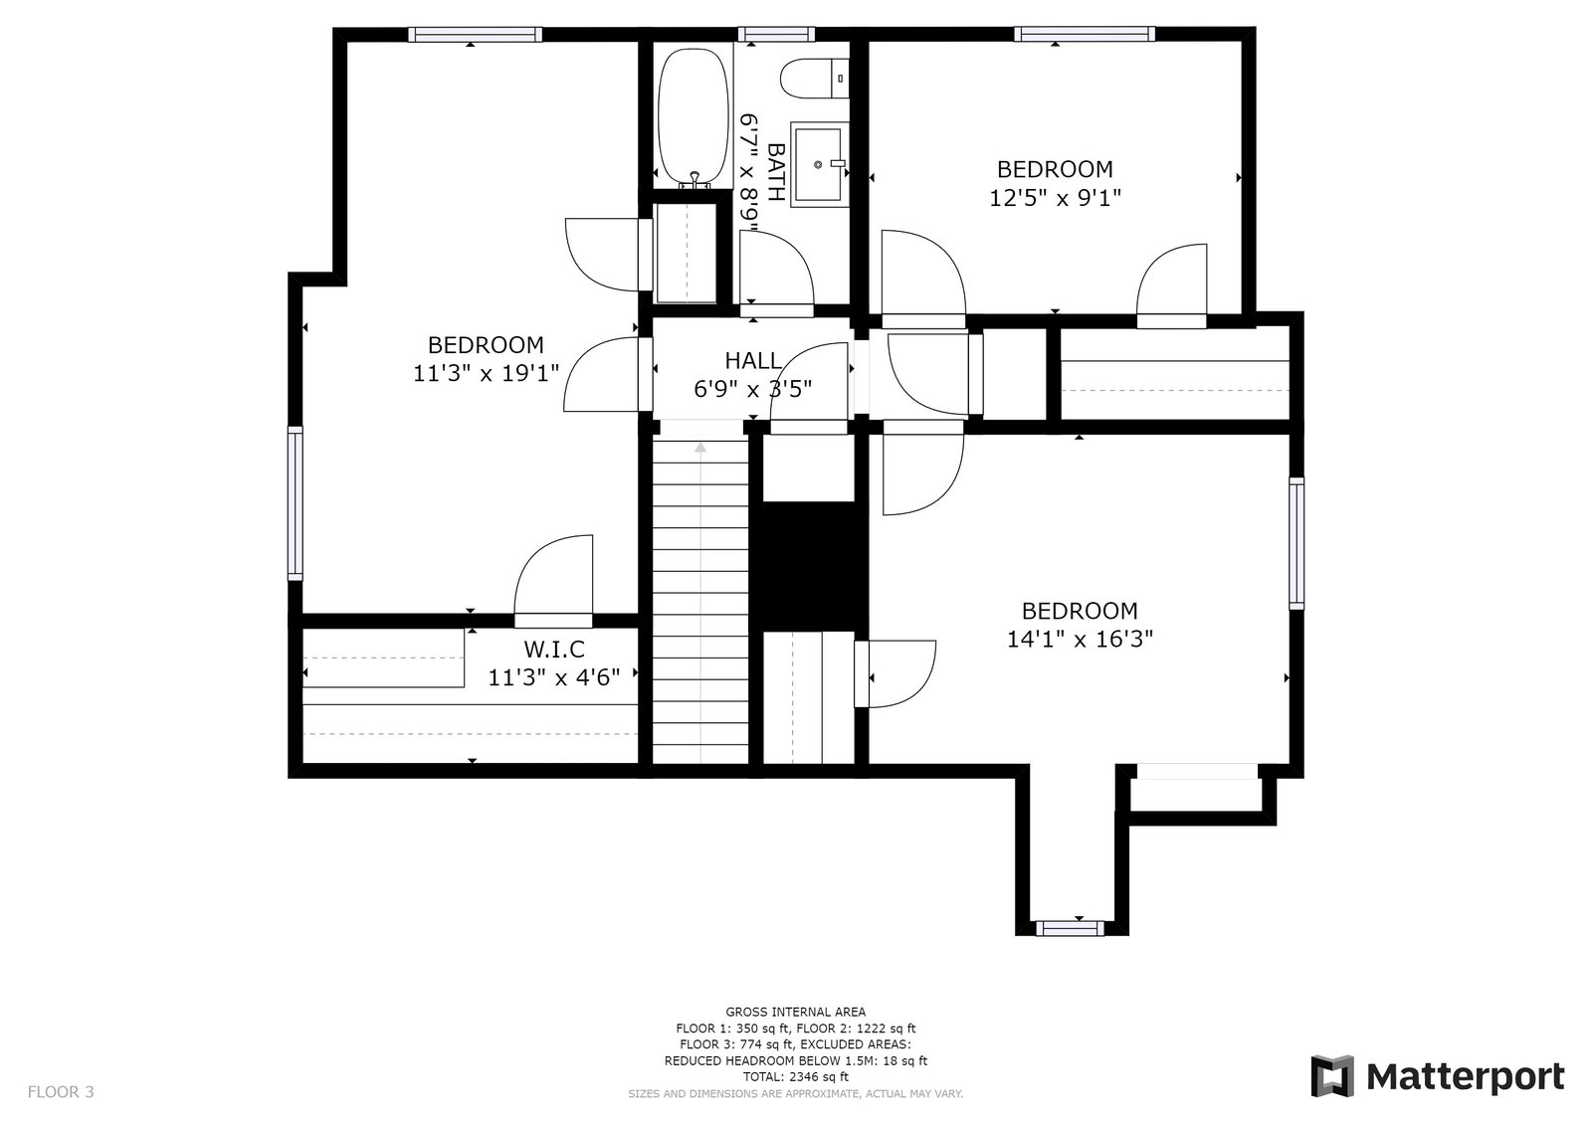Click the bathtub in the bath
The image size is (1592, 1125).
pos(693,118)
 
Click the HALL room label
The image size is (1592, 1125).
pos(753,361)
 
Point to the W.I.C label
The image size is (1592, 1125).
pos(554,649)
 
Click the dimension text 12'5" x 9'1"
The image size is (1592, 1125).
pos(1056,198)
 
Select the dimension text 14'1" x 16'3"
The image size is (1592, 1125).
pos(1080,640)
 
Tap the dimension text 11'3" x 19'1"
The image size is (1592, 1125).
pos(487,373)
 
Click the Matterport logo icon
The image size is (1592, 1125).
pos(1332,1076)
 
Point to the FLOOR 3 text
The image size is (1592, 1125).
pos(61,1091)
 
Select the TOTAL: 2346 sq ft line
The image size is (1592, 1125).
pos(796,1076)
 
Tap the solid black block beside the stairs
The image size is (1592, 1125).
pos(809,566)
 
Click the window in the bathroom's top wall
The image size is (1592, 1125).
pos(776,34)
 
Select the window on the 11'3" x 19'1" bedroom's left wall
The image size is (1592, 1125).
pos(295,503)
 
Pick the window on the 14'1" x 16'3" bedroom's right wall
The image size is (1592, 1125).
pos(1296,544)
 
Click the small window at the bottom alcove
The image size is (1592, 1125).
pos(1070,928)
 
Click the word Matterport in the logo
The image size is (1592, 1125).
pos(1466,1077)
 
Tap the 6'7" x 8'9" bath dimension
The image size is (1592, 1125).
pos(750,173)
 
